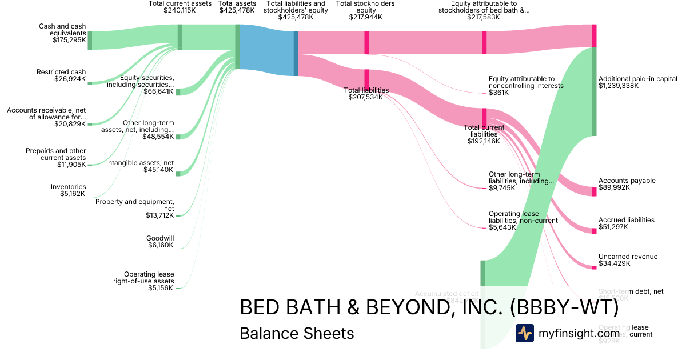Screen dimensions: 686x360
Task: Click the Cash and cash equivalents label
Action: [x=62, y=30]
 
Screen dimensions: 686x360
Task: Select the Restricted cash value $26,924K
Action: [x=69, y=79]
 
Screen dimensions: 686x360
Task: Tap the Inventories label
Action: [x=68, y=187]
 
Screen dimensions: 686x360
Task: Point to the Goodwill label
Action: [x=161, y=238]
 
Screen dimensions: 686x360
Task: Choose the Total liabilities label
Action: [x=366, y=90]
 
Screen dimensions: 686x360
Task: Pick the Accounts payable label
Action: [x=627, y=181]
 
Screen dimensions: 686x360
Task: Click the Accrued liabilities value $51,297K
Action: [x=613, y=227]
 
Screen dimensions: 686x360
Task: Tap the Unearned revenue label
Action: [x=628, y=257]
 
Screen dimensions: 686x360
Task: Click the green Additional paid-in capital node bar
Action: [x=594, y=91]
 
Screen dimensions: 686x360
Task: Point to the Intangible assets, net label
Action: [x=140, y=163]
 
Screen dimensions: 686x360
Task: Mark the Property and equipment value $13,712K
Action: [x=159, y=215]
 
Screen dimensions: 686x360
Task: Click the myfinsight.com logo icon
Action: [x=524, y=333]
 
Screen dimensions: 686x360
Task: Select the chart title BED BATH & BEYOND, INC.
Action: [x=429, y=307]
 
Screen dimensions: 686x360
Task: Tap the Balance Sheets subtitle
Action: [x=297, y=333]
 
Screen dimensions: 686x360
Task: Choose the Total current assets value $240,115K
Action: [x=180, y=10]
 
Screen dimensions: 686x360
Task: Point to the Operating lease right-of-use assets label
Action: [x=149, y=278]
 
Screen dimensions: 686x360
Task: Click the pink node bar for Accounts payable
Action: [x=594, y=191]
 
